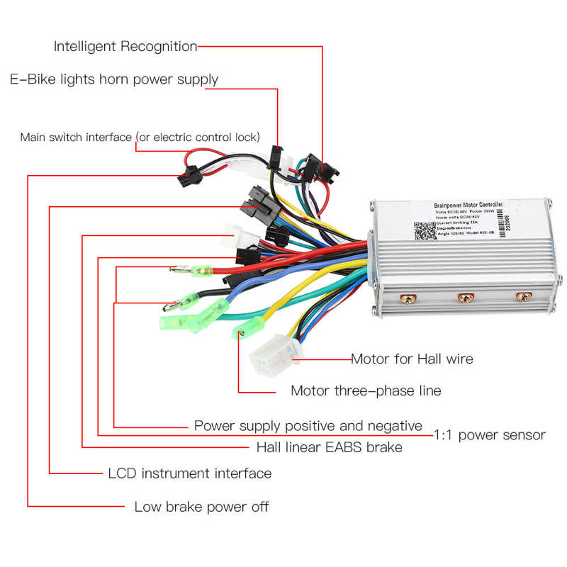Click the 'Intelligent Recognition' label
tap(125, 47)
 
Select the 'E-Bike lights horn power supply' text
tap(113, 79)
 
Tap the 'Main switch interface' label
tap(140, 137)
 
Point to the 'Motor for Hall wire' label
tap(412, 359)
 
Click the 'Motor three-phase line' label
tap(366, 391)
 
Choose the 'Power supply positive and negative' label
tap(308, 426)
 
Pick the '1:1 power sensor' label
tap(489, 434)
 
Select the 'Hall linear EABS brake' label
tap(329, 447)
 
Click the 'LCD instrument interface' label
tap(189, 473)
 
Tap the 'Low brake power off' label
tap(201, 507)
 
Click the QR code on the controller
tap(425, 232)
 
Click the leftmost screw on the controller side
tap(408, 298)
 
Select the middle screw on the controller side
tap(465, 298)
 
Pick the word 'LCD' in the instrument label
tap(122, 473)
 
